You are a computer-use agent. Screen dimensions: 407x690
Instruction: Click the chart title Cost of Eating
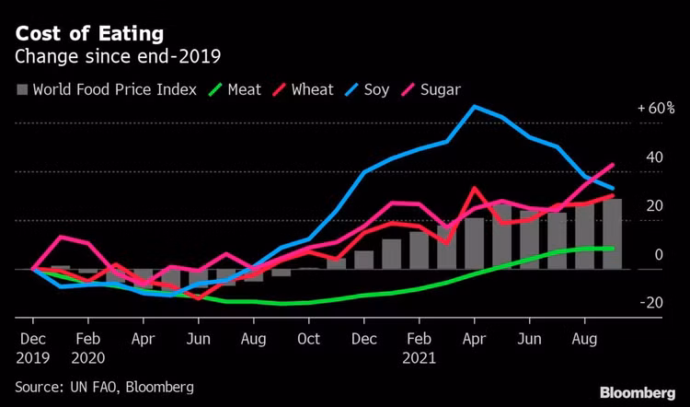89,34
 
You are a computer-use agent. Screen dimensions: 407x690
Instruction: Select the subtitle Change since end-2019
118,57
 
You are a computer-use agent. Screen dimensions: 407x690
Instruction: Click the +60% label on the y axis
656,108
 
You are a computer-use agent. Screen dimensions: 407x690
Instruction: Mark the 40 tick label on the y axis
654,157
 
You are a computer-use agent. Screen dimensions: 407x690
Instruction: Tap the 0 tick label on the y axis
659,254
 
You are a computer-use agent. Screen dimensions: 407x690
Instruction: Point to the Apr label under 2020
143,339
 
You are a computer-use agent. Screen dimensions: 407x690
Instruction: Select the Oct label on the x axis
308,339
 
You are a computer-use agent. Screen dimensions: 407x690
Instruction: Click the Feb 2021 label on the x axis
420,348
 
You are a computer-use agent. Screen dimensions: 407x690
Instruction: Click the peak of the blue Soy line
475,107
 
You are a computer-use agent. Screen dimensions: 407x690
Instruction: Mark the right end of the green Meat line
613,249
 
